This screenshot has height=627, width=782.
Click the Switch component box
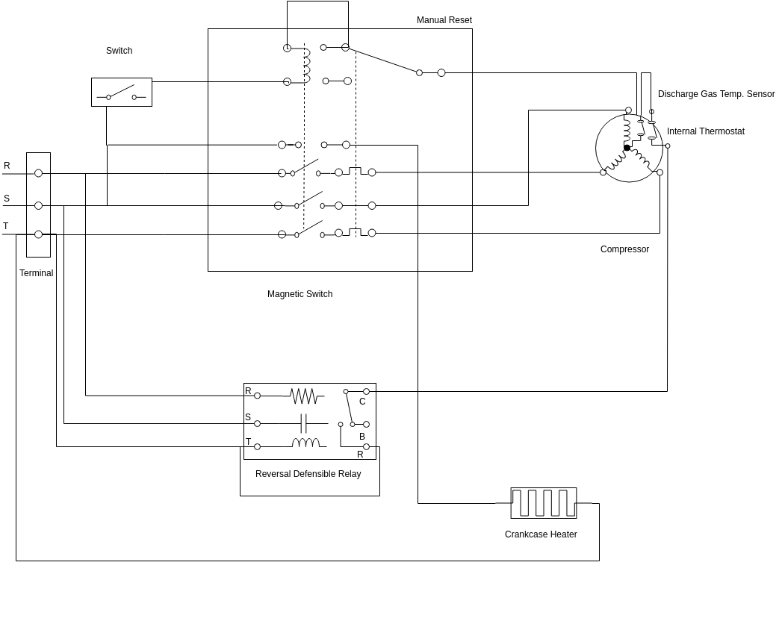121,92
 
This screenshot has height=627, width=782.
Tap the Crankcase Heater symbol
543,502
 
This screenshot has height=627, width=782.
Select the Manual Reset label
444,20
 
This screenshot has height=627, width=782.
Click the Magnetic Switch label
300,294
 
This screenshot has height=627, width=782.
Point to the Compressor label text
624,249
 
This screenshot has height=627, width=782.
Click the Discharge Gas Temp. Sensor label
716,94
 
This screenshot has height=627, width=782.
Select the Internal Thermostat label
705,131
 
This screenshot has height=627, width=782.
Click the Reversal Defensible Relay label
308,474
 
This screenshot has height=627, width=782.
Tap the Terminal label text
36,273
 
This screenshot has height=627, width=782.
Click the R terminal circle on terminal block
38,173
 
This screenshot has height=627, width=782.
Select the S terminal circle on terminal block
38,205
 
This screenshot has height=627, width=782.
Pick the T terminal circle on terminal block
38,234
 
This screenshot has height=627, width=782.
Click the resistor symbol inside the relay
303,396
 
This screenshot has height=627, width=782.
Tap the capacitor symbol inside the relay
303,423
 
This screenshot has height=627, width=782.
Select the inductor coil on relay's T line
305,443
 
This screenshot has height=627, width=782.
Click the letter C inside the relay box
362,402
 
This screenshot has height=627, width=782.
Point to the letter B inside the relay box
362,437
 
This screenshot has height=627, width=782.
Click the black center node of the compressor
627,148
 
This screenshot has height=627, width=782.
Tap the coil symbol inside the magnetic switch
306,65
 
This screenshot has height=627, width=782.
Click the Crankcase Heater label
541,534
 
